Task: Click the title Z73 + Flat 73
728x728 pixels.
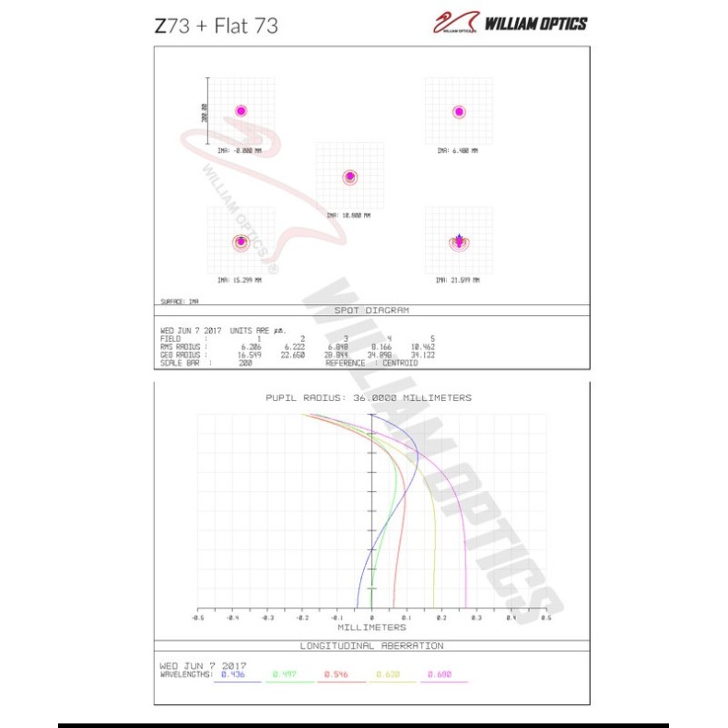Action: (x=216, y=25)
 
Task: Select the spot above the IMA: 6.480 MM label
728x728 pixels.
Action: (x=459, y=112)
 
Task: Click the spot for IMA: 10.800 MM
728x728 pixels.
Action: (x=349, y=177)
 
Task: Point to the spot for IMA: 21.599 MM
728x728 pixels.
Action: (x=459, y=242)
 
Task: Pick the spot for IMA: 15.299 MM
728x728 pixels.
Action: (x=241, y=241)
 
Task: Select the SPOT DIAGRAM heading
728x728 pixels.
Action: (x=370, y=311)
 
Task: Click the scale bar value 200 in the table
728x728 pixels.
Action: (x=246, y=363)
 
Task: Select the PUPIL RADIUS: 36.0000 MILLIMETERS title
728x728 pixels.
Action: (x=369, y=398)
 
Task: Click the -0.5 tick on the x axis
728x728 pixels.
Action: (x=197, y=618)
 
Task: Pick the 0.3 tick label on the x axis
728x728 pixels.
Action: (x=476, y=618)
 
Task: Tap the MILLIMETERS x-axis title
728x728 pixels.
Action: (x=370, y=628)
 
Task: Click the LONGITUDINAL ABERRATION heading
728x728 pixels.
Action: (x=370, y=646)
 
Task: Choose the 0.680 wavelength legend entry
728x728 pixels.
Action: (x=439, y=675)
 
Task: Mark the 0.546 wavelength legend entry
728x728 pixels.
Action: (x=335, y=675)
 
